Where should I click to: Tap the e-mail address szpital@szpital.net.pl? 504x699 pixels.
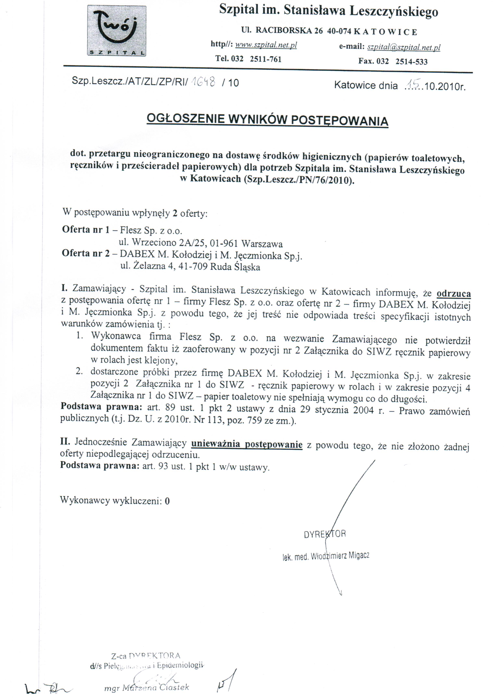point(404,47)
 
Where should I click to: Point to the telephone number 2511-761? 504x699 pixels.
point(266,59)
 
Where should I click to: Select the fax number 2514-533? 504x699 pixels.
point(411,61)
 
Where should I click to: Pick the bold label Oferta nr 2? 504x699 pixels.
point(86,253)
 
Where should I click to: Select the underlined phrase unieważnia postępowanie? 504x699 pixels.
point(247,444)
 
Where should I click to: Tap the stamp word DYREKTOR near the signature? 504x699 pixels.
point(325,534)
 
